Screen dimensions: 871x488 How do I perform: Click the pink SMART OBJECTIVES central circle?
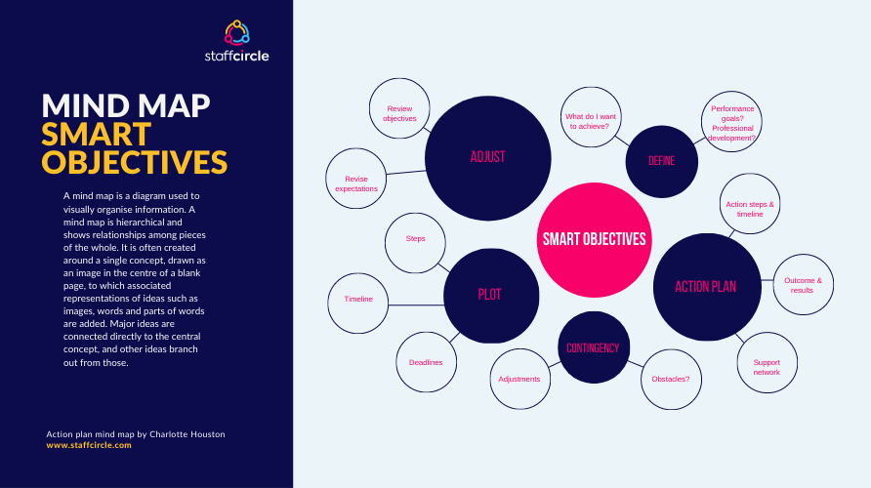click(x=594, y=240)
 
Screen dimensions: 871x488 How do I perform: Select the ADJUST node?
click(x=487, y=158)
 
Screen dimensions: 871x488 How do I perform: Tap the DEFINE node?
click(x=662, y=162)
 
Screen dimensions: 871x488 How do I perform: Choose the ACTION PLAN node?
click(x=707, y=287)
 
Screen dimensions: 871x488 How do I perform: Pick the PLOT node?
click(x=491, y=296)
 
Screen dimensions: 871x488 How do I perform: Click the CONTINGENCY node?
click(x=594, y=347)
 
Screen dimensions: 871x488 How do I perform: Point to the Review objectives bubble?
click(x=399, y=108)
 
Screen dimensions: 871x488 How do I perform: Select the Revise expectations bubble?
click(x=356, y=179)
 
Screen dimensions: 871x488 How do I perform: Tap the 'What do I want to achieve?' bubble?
click(x=591, y=117)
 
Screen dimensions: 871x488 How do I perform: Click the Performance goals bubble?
click(x=731, y=122)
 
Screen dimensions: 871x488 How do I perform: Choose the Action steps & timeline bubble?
click(x=750, y=204)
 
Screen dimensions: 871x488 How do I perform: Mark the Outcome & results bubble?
click(x=804, y=285)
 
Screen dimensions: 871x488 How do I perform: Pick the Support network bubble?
click(x=767, y=363)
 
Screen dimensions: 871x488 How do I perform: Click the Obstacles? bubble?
click(x=671, y=380)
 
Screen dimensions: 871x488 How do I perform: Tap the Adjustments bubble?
click(x=519, y=380)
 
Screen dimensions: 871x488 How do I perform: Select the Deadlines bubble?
click(x=427, y=362)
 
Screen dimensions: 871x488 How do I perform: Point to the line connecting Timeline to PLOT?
click(x=416, y=305)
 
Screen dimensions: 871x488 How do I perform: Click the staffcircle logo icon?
click(x=237, y=33)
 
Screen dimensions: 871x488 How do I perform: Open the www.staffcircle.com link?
click(x=89, y=445)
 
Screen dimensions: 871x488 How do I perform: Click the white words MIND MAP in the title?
click(x=126, y=105)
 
